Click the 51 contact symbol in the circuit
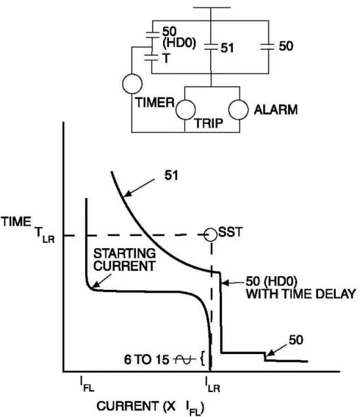click(211, 48)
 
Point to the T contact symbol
click(151, 58)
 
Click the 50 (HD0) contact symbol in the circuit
click(153, 35)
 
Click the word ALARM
click(276, 110)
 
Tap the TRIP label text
click(208, 123)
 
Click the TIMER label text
click(155, 103)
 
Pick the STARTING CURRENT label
click(124, 260)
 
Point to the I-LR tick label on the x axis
click(213, 384)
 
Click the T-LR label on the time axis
click(45, 236)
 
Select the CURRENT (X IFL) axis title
click(151, 407)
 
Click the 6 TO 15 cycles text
click(147, 360)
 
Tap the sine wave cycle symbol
click(183, 360)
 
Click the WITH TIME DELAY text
click(300, 294)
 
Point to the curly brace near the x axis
click(203, 359)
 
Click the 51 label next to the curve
click(171, 175)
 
